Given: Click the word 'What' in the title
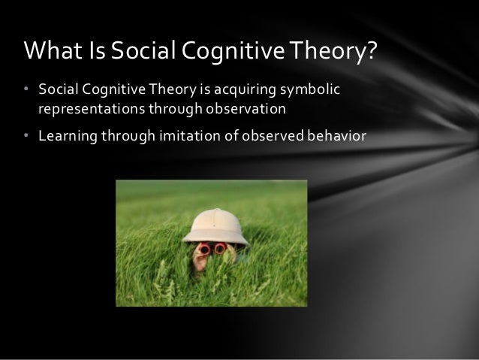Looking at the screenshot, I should tap(50, 52).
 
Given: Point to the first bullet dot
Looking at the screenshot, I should tap(26, 91).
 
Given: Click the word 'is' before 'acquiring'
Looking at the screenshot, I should tap(207, 91).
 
